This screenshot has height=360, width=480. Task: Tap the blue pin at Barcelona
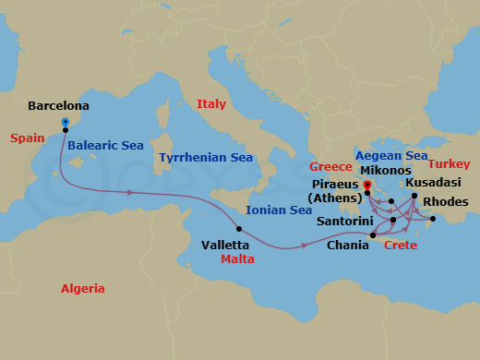[65, 121]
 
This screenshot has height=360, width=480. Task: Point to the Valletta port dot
[239, 229]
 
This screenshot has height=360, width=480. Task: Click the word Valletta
[225, 246]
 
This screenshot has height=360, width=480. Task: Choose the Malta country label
[238, 259]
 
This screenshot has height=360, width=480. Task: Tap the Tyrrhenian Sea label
[206, 158]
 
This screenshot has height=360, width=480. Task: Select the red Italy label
[211, 104]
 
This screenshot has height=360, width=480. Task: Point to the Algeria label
[83, 288]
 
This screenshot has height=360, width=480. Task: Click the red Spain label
[28, 138]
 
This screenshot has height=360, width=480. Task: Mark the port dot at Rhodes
[432, 219]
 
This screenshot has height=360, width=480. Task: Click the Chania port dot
[372, 236]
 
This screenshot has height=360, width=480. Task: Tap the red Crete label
[400, 246]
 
